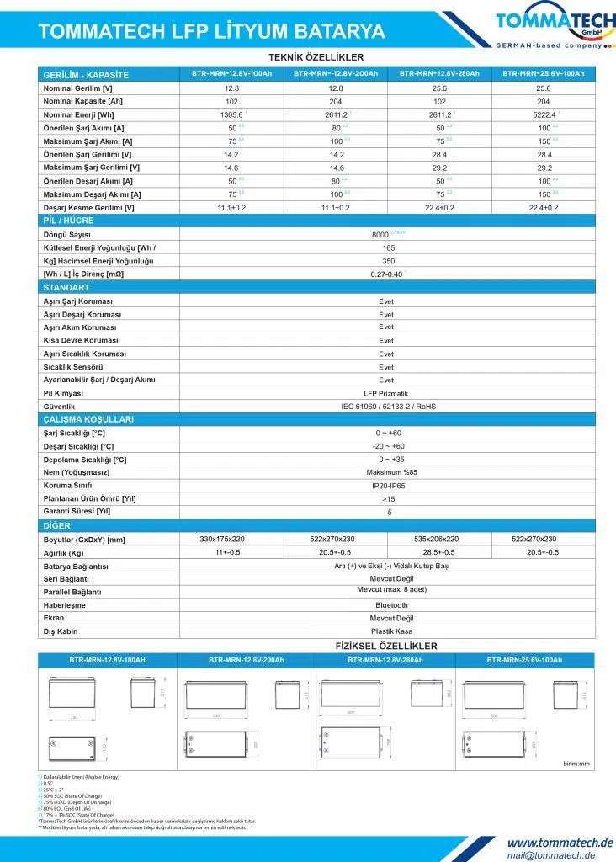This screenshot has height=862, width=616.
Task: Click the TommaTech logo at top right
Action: (551, 24)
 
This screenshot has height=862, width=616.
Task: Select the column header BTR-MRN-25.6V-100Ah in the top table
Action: (543, 74)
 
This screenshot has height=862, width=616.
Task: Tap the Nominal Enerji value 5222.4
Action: (541, 114)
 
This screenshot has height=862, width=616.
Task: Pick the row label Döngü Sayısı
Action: (67, 234)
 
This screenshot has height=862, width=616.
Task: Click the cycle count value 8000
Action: (380, 234)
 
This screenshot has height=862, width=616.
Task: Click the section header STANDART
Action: (66, 288)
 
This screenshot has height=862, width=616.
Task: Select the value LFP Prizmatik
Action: (385, 393)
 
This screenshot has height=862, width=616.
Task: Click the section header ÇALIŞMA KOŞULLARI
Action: (88, 419)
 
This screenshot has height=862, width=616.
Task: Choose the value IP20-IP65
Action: (388, 486)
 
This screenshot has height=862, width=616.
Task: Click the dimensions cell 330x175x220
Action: (222, 539)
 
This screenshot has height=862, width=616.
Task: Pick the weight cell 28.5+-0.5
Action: (438, 552)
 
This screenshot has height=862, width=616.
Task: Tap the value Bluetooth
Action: (391, 605)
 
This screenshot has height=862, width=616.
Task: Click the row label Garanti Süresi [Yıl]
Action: (77, 512)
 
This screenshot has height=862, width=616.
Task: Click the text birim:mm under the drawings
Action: (576, 764)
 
